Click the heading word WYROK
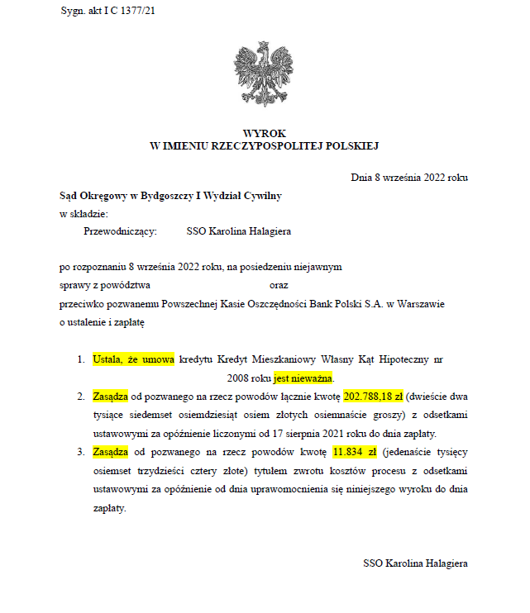[x=264, y=133]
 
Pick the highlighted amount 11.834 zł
[x=355, y=452]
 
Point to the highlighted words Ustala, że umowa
[x=133, y=360]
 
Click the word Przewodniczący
[x=120, y=232]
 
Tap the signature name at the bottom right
[x=416, y=563]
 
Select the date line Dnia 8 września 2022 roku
[x=410, y=177]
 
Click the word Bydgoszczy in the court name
[x=164, y=196]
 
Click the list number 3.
[x=80, y=452]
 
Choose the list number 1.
[x=80, y=360]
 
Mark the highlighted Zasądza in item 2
[x=110, y=397]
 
